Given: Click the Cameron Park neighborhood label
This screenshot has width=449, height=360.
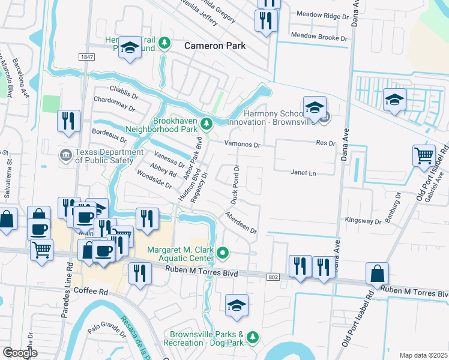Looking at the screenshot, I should (215, 45).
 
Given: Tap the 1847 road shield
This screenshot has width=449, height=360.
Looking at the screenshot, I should (86, 56).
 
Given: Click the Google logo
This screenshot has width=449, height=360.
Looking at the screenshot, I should (20, 353).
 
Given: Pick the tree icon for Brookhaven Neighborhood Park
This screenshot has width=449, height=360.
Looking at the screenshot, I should (206, 124).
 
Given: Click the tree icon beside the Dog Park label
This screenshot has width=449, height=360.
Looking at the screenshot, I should (253, 338).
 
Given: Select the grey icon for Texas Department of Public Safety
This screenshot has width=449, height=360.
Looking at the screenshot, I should (65, 156).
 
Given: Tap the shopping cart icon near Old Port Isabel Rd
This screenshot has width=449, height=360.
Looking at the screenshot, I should (424, 155).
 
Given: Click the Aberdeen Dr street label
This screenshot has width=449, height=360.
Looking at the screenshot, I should (241, 222).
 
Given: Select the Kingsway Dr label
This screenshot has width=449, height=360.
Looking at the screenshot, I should (363, 220).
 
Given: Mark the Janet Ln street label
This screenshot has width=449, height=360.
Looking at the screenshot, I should (303, 172).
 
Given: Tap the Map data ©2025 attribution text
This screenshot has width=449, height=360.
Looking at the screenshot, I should (423, 355).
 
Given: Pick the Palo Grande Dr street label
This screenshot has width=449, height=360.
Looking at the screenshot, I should (106, 329).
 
